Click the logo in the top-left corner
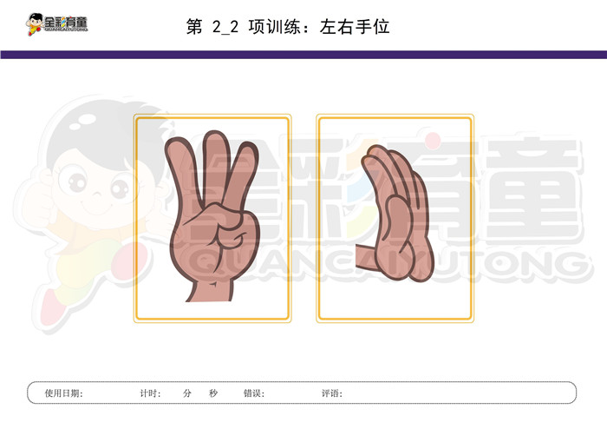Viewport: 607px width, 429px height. tap(57, 24)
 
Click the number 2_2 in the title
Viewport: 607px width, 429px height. tap(225, 27)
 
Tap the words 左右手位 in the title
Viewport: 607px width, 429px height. tap(355, 27)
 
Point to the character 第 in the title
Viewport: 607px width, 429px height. tap(194, 27)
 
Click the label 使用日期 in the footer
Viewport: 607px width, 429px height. tap(62, 393)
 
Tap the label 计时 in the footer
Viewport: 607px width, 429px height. tap(148, 393)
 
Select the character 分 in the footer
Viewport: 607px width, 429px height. tap(187, 393)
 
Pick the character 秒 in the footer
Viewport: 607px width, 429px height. tap(213, 393)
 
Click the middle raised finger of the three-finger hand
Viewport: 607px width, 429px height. tap(215, 167)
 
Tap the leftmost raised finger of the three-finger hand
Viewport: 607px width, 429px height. tap(182, 175)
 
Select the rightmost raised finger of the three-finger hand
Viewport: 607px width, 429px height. tap(242, 178)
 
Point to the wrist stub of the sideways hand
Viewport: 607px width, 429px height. tap(365, 256)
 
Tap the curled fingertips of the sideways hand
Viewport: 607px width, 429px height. tap(374, 155)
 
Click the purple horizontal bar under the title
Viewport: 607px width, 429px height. tap(303, 55)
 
